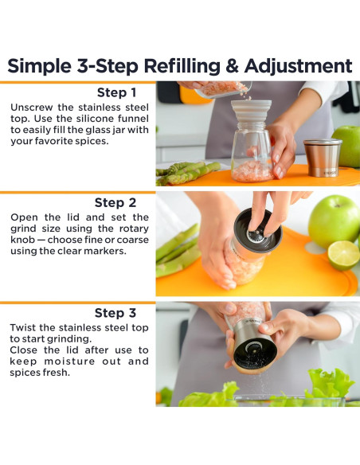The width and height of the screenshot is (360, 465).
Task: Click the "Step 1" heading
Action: pyautogui.click(x=117, y=92)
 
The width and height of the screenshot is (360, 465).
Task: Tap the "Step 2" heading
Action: pyautogui.click(x=115, y=203)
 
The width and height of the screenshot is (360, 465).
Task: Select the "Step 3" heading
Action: pyautogui.click(x=115, y=313)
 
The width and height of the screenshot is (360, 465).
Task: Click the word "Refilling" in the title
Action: pyautogui.click(x=182, y=66)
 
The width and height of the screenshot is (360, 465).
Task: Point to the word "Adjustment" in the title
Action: pyautogui.click(x=299, y=66)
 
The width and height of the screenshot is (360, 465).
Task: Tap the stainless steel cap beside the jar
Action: pyautogui.click(x=322, y=157)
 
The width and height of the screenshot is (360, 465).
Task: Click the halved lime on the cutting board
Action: pyautogui.click(x=343, y=255)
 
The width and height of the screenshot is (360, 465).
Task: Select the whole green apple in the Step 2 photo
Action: pyautogui.click(x=335, y=221)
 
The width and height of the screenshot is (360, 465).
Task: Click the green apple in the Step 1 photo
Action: pyautogui.click(x=347, y=147)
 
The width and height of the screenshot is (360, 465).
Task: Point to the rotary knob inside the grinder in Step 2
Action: pyautogui.click(x=256, y=236)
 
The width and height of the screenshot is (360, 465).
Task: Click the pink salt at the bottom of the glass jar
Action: pyautogui.click(x=252, y=171)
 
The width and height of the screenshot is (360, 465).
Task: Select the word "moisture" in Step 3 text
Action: pyautogui.click(x=69, y=361)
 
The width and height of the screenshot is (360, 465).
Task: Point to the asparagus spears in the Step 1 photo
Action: pyautogui.click(x=187, y=172)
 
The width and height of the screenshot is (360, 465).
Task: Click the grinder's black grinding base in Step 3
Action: pyautogui.click(x=255, y=352)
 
